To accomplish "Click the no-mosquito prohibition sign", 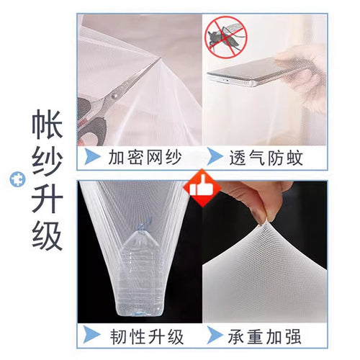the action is click(226, 37).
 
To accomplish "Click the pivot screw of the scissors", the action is click(114, 96).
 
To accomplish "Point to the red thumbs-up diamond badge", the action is click(202, 188).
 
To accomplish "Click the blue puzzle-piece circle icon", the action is click(17, 179).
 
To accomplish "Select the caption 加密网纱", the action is click(145, 158).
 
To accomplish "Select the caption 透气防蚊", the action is click(266, 158).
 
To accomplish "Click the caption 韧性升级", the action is click(147, 337).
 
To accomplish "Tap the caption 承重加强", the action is click(264, 336).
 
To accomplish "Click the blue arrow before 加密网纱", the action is click(92, 156).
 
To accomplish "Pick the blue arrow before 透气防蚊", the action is click(215, 156).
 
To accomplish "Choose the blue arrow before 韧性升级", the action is click(91, 334).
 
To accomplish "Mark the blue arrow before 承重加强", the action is click(215, 334).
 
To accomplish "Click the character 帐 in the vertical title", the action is click(48, 125).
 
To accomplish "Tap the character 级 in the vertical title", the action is click(48, 236).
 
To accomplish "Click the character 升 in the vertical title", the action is click(48, 199).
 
